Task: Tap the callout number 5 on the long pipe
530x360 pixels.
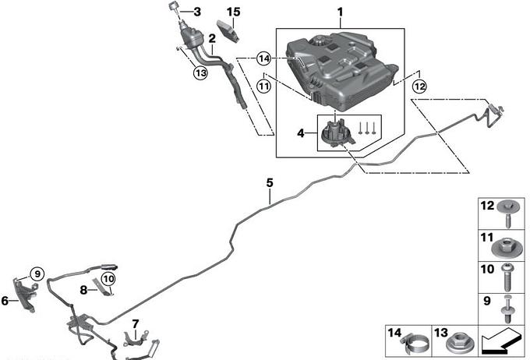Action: [270, 183]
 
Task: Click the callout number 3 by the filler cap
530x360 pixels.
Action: [196, 12]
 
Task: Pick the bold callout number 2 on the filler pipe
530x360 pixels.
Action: [211, 37]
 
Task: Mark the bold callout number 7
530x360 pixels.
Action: [135, 323]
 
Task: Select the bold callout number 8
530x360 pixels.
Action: [83, 289]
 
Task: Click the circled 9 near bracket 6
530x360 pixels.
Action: [35, 274]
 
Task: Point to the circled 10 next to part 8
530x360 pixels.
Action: [108, 278]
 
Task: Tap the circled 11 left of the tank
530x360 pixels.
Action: [263, 86]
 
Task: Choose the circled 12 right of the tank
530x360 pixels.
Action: [420, 86]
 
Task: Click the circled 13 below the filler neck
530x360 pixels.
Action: [201, 72]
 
